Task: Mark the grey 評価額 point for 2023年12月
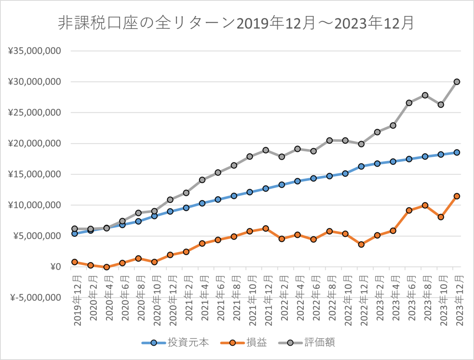[457, 82]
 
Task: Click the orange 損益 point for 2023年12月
[457, 196]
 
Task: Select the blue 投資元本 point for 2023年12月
[457, 153]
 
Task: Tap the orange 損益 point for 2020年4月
[107, 267]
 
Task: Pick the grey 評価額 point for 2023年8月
[425, 95]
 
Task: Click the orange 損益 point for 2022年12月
[361, 245]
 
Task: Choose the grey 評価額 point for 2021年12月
[266, 150]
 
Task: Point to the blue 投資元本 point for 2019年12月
[75, 234]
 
